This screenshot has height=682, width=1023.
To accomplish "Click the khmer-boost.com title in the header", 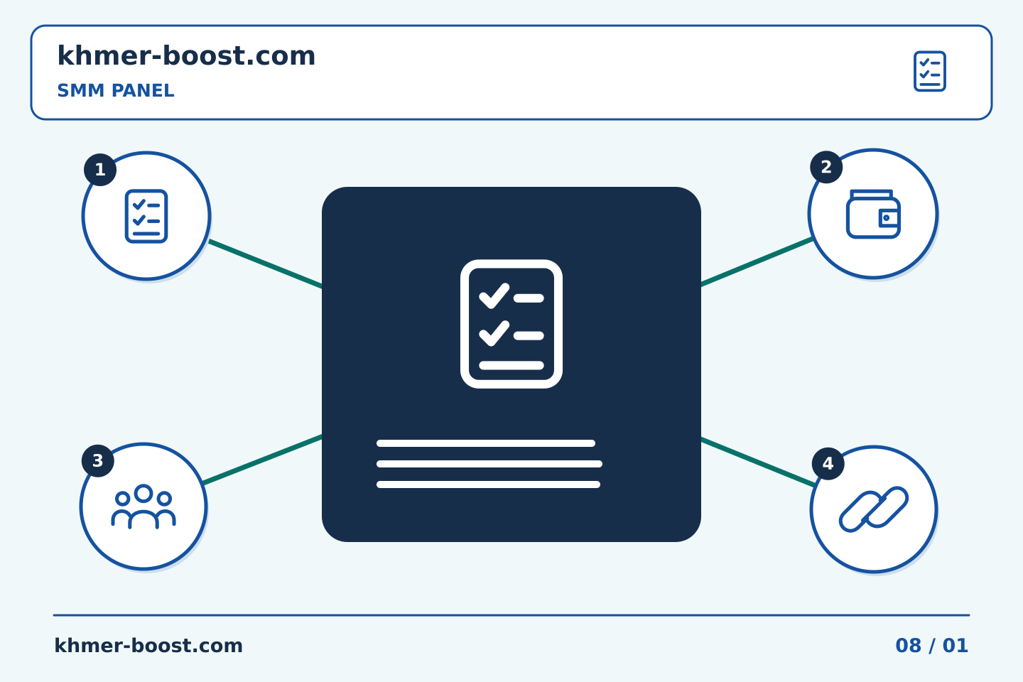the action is [x=186, y=55].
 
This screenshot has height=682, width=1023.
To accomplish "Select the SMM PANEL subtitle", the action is [x=116, y=90].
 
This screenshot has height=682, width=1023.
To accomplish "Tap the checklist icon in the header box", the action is [x=930, y=71].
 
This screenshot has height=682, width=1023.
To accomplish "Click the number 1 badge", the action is [x=100, y=170].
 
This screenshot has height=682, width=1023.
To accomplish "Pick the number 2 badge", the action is [x=826, y=167].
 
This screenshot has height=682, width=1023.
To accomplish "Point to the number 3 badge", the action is [x=98, y=461].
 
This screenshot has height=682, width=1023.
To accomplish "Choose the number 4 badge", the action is [x=828, y=464].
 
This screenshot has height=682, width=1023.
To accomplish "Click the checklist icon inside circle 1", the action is [x=146, y=216].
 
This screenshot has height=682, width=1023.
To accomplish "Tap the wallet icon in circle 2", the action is [x=873, y=214].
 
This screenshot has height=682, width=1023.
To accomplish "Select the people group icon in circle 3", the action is [x=144, y=506].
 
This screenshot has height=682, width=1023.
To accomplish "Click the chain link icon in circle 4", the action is [x=874, y=509].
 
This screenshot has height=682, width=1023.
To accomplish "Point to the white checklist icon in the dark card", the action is [x=511, y=324].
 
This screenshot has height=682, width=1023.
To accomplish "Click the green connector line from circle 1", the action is [x=266, y=264].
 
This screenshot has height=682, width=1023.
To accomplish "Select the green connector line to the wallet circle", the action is [x=757, y=261].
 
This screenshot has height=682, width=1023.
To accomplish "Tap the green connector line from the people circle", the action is [x=263, y=460].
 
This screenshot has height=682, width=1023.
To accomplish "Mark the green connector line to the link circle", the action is [x=758, y=462].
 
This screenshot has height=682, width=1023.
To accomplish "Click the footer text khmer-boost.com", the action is [x=148, y=646].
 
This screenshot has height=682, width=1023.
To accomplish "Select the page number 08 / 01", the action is [x=931, y=646].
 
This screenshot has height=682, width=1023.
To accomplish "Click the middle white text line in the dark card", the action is [x=489, y=464].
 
